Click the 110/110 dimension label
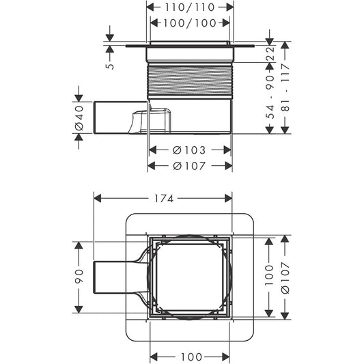click(189, 8)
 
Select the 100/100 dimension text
click(189, 23)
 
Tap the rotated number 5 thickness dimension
click(109, 64)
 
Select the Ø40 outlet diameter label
click(79, 119)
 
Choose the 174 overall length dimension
click(162, 199)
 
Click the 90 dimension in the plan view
click(80, 277)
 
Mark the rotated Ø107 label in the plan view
click(285, 277)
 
